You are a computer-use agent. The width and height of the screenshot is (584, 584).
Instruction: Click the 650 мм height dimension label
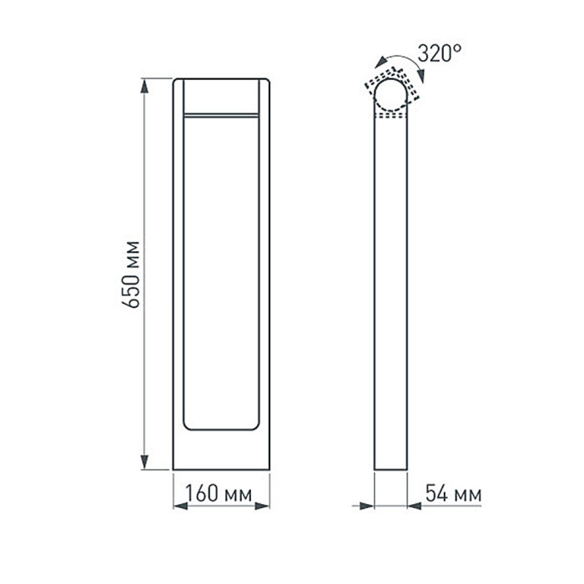[130, 274]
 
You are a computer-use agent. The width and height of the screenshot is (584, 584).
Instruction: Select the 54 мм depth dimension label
[453, 494]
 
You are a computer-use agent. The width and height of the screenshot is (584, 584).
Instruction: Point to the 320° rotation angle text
[439, 54]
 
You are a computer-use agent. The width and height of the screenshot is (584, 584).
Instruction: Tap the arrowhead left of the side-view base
[366, 506]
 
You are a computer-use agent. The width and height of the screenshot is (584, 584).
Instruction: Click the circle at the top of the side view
[390, 93]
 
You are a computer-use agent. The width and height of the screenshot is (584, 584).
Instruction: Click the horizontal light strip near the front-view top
[221, 113]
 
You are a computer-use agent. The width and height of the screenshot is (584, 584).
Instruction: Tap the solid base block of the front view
[221, 451]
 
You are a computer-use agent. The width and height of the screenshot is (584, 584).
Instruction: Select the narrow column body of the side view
[390, 292]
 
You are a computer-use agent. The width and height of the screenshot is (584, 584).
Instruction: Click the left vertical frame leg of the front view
[178, 275]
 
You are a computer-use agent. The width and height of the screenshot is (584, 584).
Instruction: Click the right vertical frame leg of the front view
[264, 275]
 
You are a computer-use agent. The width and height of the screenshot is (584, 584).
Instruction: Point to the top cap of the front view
[221, 94]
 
